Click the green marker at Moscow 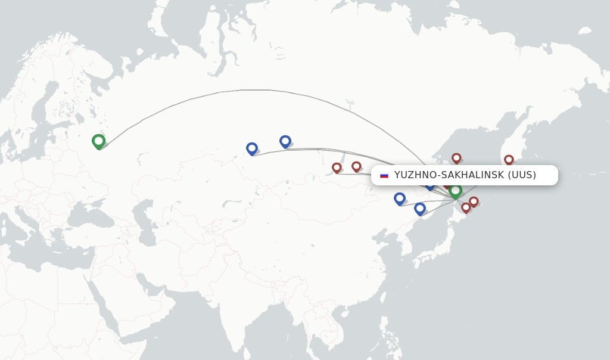[x=98, y=141]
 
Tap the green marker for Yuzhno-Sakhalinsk [x=455, y=191]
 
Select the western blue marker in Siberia [x=252, y=148]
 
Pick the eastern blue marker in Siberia [x=285, y=141]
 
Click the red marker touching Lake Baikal [x=337, y=167]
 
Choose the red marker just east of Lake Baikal [x=356, y=166]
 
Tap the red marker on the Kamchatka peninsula [x=509, y=160]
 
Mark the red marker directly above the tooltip [x=456, y=158]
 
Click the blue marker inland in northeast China [x=400, y=198]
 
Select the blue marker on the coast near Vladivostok [x=420, y=209]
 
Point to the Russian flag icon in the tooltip [x=384, y=175]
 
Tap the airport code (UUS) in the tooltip [x=522, y=175]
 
